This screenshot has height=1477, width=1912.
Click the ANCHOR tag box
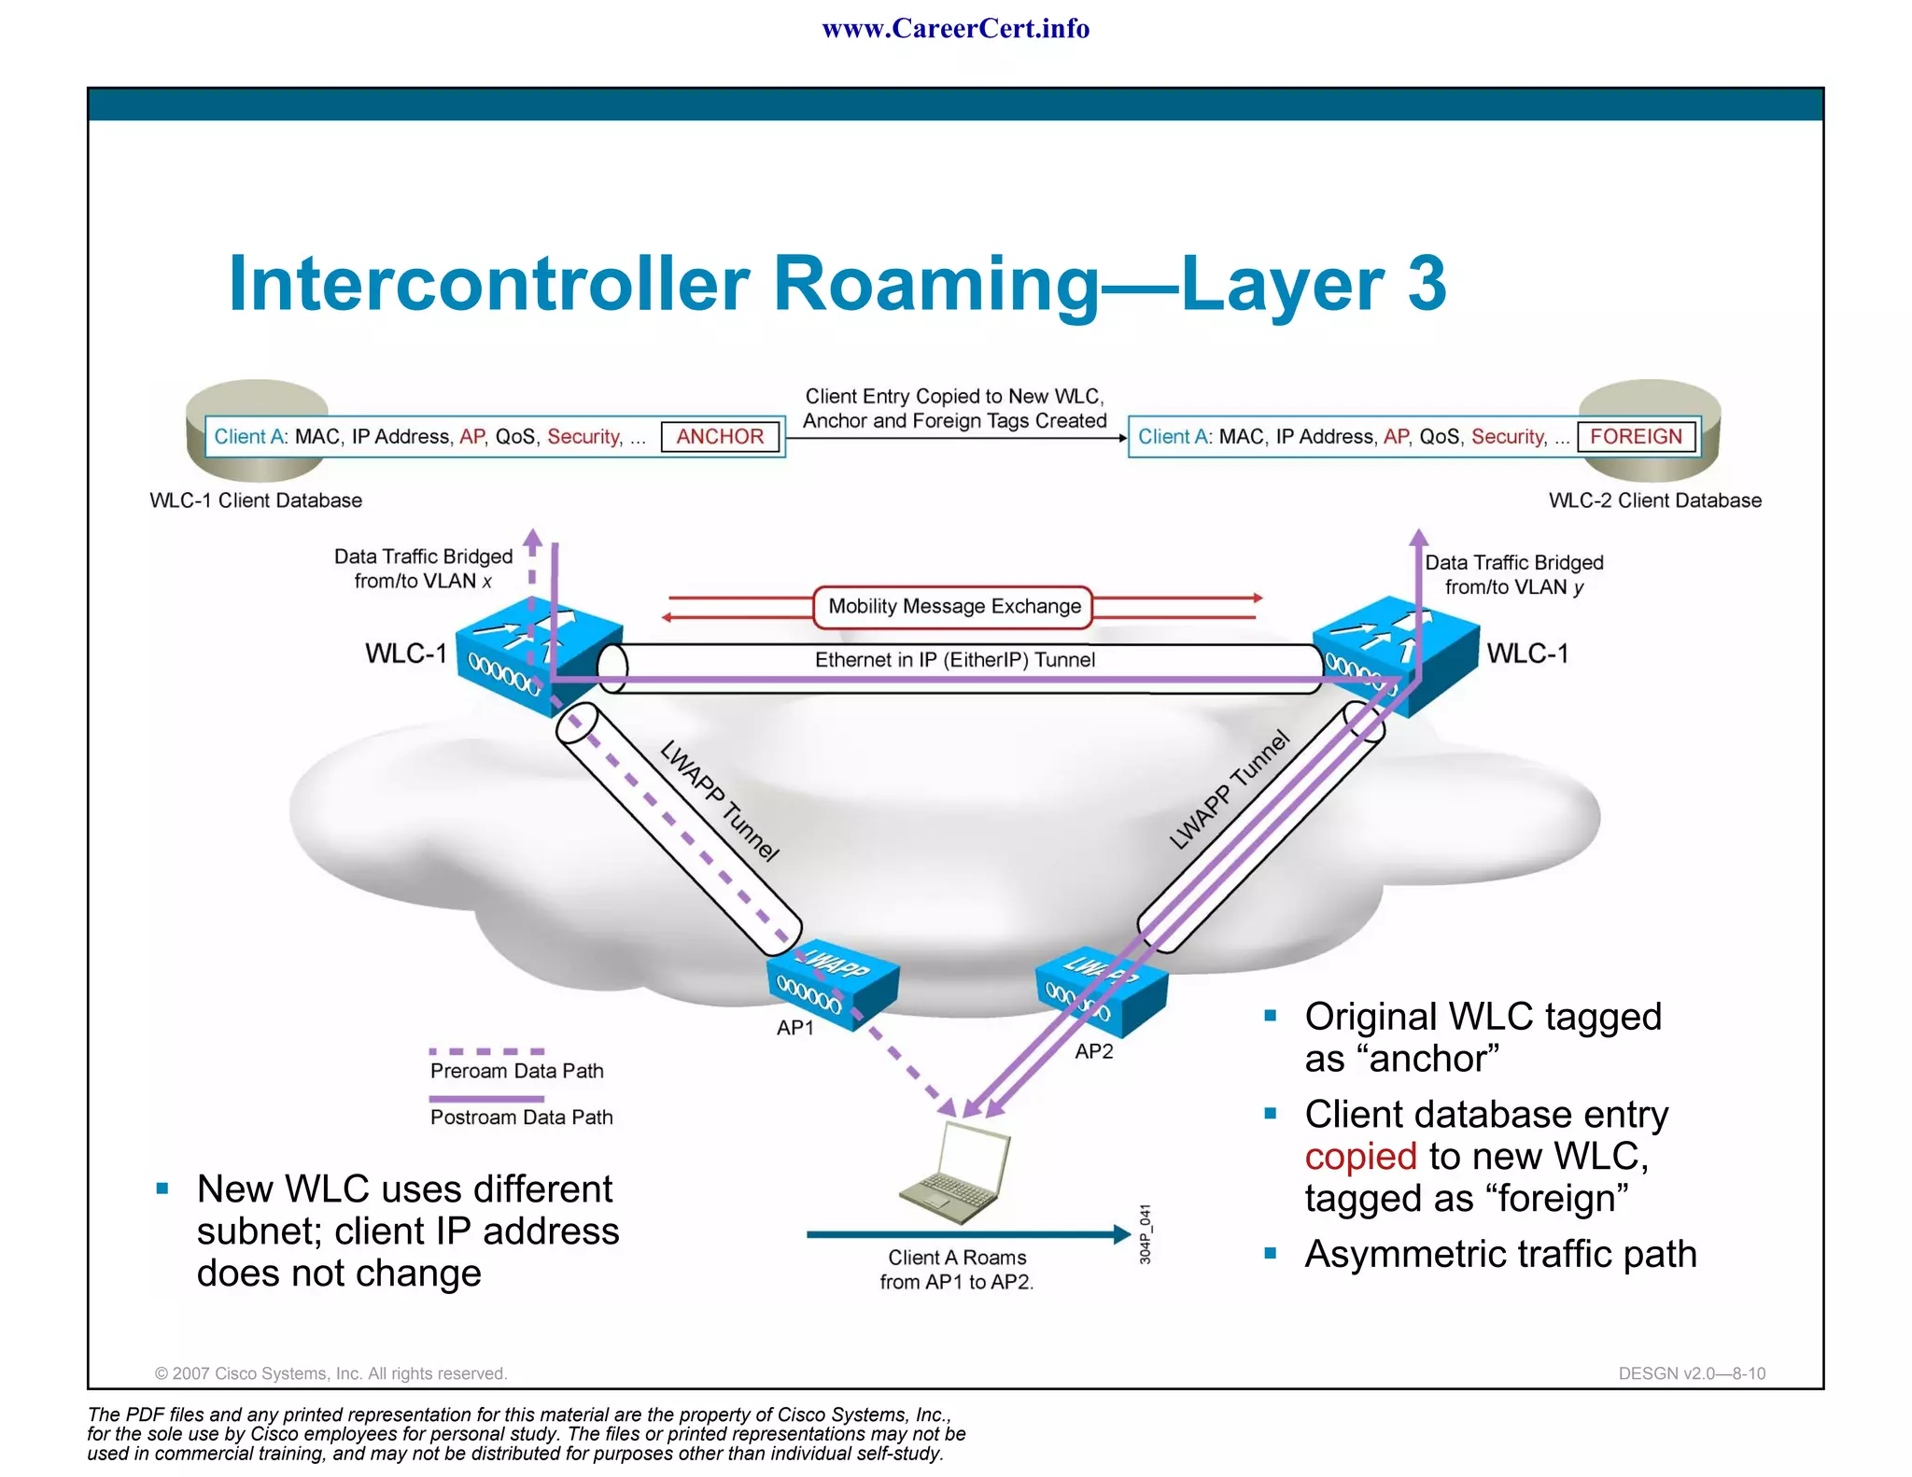click(720, 437)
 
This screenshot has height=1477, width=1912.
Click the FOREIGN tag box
click(1636, 437)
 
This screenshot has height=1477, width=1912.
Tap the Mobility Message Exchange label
click(953, 607)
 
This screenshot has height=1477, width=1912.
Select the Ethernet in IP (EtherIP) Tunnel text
click(954, 660)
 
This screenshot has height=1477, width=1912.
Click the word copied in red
click(1360, 1157)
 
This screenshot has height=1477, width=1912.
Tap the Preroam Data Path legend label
click(516, 1071)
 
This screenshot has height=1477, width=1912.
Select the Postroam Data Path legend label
click(521, 1118)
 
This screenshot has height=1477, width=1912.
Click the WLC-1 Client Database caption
click(256, 500)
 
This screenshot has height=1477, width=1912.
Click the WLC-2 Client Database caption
click(1654, 500)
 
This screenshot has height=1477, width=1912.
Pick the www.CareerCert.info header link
click(955, 29)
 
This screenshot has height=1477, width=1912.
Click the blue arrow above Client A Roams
click(967, 1234)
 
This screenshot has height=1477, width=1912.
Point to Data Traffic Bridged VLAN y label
click(1513, 574)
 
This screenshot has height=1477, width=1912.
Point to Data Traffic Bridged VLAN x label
click(423, 569)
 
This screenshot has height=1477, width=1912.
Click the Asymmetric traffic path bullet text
click(1500, 1254)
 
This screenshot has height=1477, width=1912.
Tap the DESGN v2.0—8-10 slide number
click(1692, 1373)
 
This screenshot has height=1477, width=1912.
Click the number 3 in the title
click(1426, 284)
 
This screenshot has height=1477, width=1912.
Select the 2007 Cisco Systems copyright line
click(330, 1373)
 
